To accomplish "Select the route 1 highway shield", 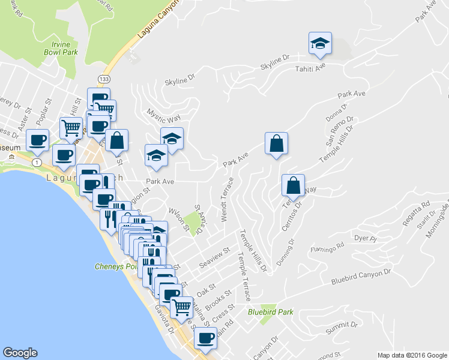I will pyautogui.click(x=38, y=163).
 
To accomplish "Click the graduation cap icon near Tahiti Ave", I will pyautogui.click(x=320, y=43).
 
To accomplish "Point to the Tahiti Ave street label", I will pyautogui.click(x=310, y=68).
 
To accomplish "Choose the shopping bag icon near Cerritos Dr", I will pyautogui.click(x=293, y=185).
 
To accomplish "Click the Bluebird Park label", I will pyautogui.click(x=271, y=312).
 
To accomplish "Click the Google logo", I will pyautogui.click(x=20, y=353).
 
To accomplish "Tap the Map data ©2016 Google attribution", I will pyautogui.click(x=412, y=355).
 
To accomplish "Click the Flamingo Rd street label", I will pyautogui.click(x=327, y=247).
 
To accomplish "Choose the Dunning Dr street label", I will pyautogui.click(x=285, y=250).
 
